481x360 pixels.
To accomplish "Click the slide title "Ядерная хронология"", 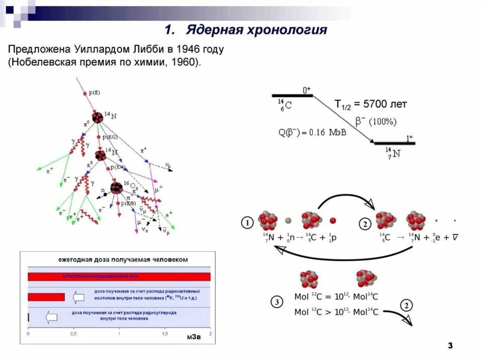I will (x=256, y=31).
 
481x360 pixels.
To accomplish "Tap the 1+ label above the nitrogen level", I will (x=409, y=138).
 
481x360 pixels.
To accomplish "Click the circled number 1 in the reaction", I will (x=248, y=222).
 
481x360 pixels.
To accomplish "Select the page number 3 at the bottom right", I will (x=450, y=346).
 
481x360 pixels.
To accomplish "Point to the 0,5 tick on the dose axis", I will (x=73, y=334).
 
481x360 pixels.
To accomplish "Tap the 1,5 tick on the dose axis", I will (x=164, y=334).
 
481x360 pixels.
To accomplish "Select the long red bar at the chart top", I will (x=119, y=276).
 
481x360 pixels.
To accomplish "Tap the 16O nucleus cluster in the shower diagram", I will (x=116, y=188).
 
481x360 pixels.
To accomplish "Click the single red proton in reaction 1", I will (x=333, y=220).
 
